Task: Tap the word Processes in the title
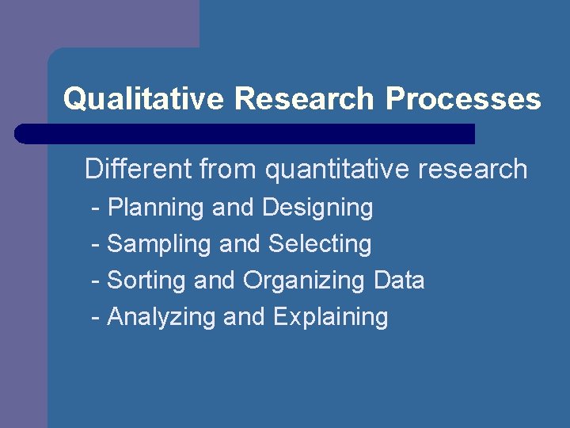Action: pos(463,99)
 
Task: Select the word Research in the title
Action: pos(305,99)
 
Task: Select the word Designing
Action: pos(317,208)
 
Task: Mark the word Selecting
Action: pos(320,244)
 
